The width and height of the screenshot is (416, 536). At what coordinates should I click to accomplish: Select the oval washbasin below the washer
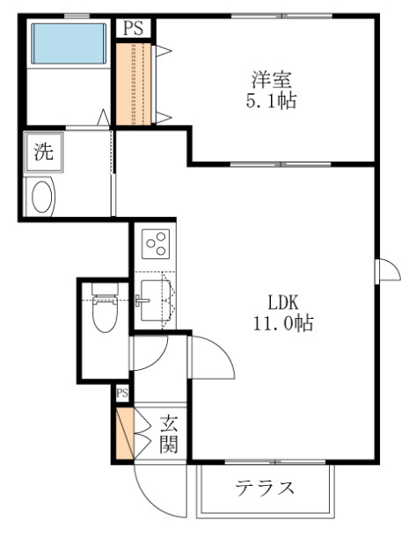(x=42, y=196)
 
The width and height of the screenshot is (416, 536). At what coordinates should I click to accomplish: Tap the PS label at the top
(x=133, y=28)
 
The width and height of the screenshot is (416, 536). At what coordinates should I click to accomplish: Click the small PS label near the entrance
(x=122, y=393)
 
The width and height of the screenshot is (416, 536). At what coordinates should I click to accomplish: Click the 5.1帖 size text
(x=269, y=101)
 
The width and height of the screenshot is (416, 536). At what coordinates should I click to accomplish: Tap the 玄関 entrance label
(x=169, y=434)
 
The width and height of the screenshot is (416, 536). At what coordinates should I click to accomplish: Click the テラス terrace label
(x=265, y=489)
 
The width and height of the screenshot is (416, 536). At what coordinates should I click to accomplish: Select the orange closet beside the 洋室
(x=135, y=83)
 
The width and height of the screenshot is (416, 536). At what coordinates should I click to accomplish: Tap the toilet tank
(x=104, y=289)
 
